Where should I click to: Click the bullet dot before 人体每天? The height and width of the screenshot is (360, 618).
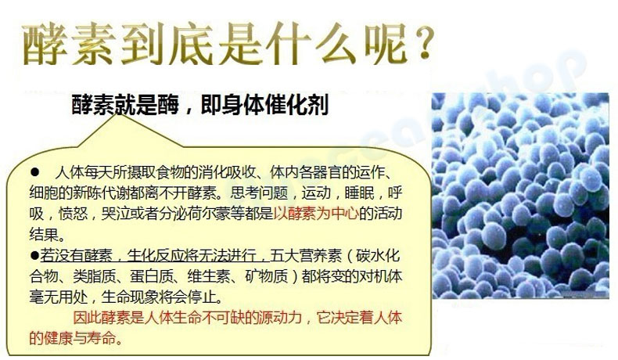[x=35, y=172]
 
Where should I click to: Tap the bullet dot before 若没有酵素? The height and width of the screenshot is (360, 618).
[x=34, y=255]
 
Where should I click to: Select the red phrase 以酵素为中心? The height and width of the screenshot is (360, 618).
[x=316, y=214]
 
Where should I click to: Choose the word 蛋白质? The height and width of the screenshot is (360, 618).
[x=152, y=276]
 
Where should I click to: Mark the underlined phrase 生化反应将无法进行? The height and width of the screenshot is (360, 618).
[x=192, y=256]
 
